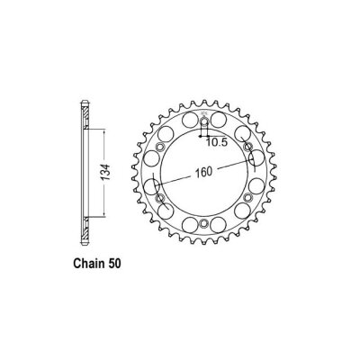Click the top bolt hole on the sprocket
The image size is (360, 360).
[204, 121]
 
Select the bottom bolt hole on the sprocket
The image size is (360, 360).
[204, 222]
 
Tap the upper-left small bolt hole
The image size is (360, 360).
[160, 147]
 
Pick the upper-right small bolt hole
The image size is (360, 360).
[247, 147]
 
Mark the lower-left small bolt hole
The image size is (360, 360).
[160, 197]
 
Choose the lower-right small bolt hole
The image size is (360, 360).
[247, 197]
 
